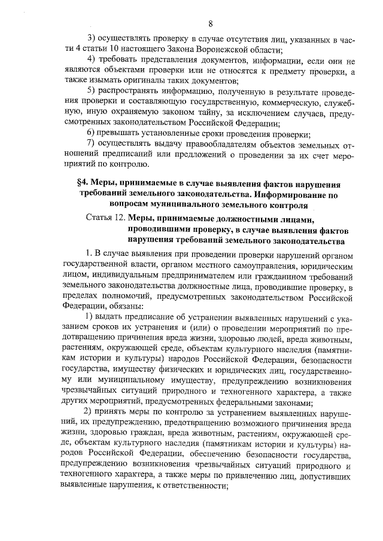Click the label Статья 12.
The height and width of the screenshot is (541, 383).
click(x=106, y=220)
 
